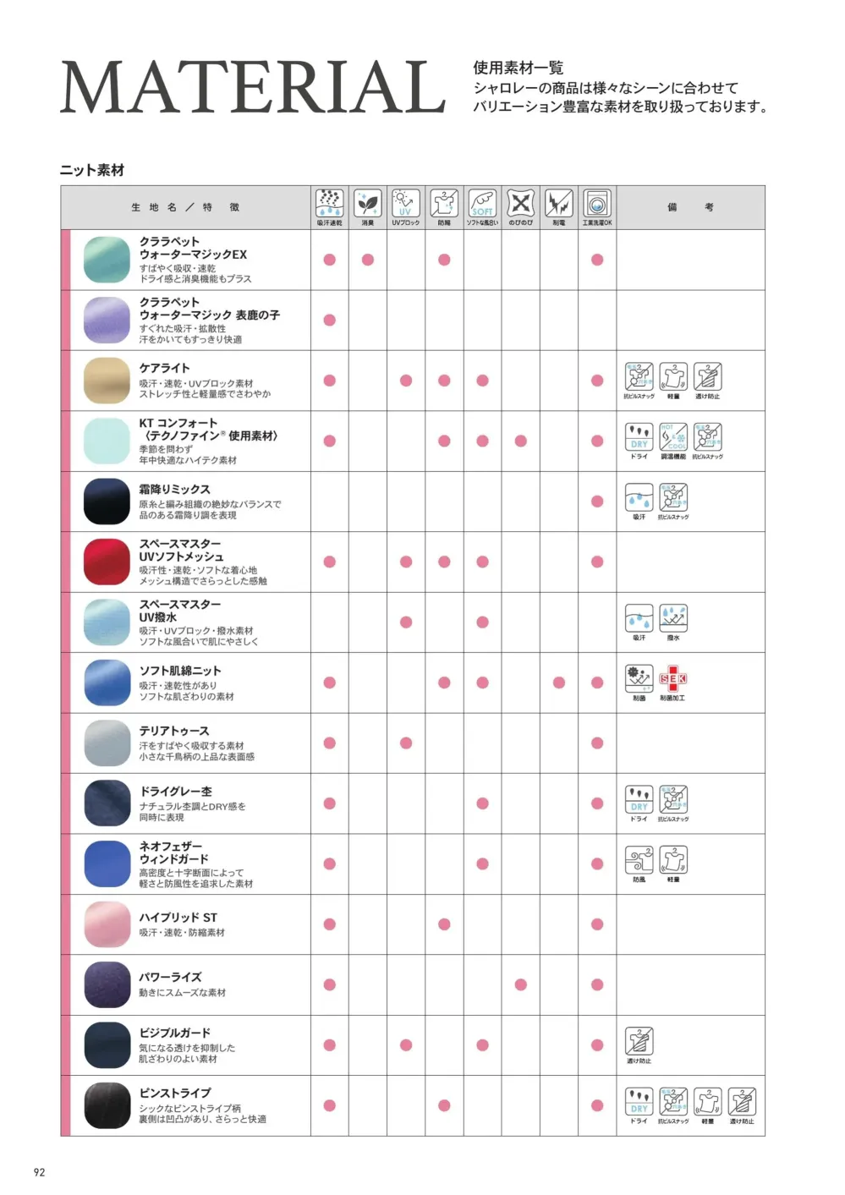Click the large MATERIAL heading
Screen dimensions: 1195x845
click(x=252, y=87)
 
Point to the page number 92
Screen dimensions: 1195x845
click(x=39, y=1172)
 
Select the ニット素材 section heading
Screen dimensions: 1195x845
click(x=92, y=170)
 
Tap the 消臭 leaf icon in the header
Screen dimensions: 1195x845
click(x=367, y=204)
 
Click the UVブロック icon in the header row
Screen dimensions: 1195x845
click(x=405, y=204)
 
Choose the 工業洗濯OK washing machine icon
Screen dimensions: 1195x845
click(x=596, y=204)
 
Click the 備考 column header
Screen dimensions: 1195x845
click(x=690, y=207)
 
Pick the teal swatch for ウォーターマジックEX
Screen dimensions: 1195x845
click(x=107, y=260)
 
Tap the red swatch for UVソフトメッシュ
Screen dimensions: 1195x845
click(x=107, y=562)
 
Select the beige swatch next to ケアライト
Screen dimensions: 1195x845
click(x=107, y=381)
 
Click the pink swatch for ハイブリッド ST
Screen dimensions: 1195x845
click(x=107, y=924)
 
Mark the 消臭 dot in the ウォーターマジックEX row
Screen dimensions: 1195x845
click(x=368, y=260)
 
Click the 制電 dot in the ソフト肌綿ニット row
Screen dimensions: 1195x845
click(x=559, y=682)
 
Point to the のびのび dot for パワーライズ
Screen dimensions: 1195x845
click(x=521, y=984)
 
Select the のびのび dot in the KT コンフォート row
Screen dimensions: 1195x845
click(x=521, y=441)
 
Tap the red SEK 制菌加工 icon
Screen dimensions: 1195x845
click(x=673, y=678)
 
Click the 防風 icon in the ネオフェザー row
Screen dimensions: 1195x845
click(x=639, y=860)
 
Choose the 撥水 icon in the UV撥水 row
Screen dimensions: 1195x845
click(x=673, y=618)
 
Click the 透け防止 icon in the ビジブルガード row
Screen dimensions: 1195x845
click(x=639, y=1041)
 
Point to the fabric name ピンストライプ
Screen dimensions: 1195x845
click(x=175, y=1093)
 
